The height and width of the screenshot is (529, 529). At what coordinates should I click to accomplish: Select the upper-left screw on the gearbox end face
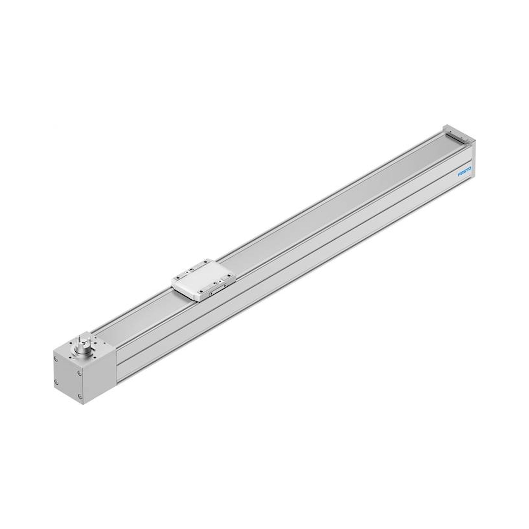[56, 358]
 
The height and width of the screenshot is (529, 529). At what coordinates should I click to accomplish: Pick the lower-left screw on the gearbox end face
[56, 381]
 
